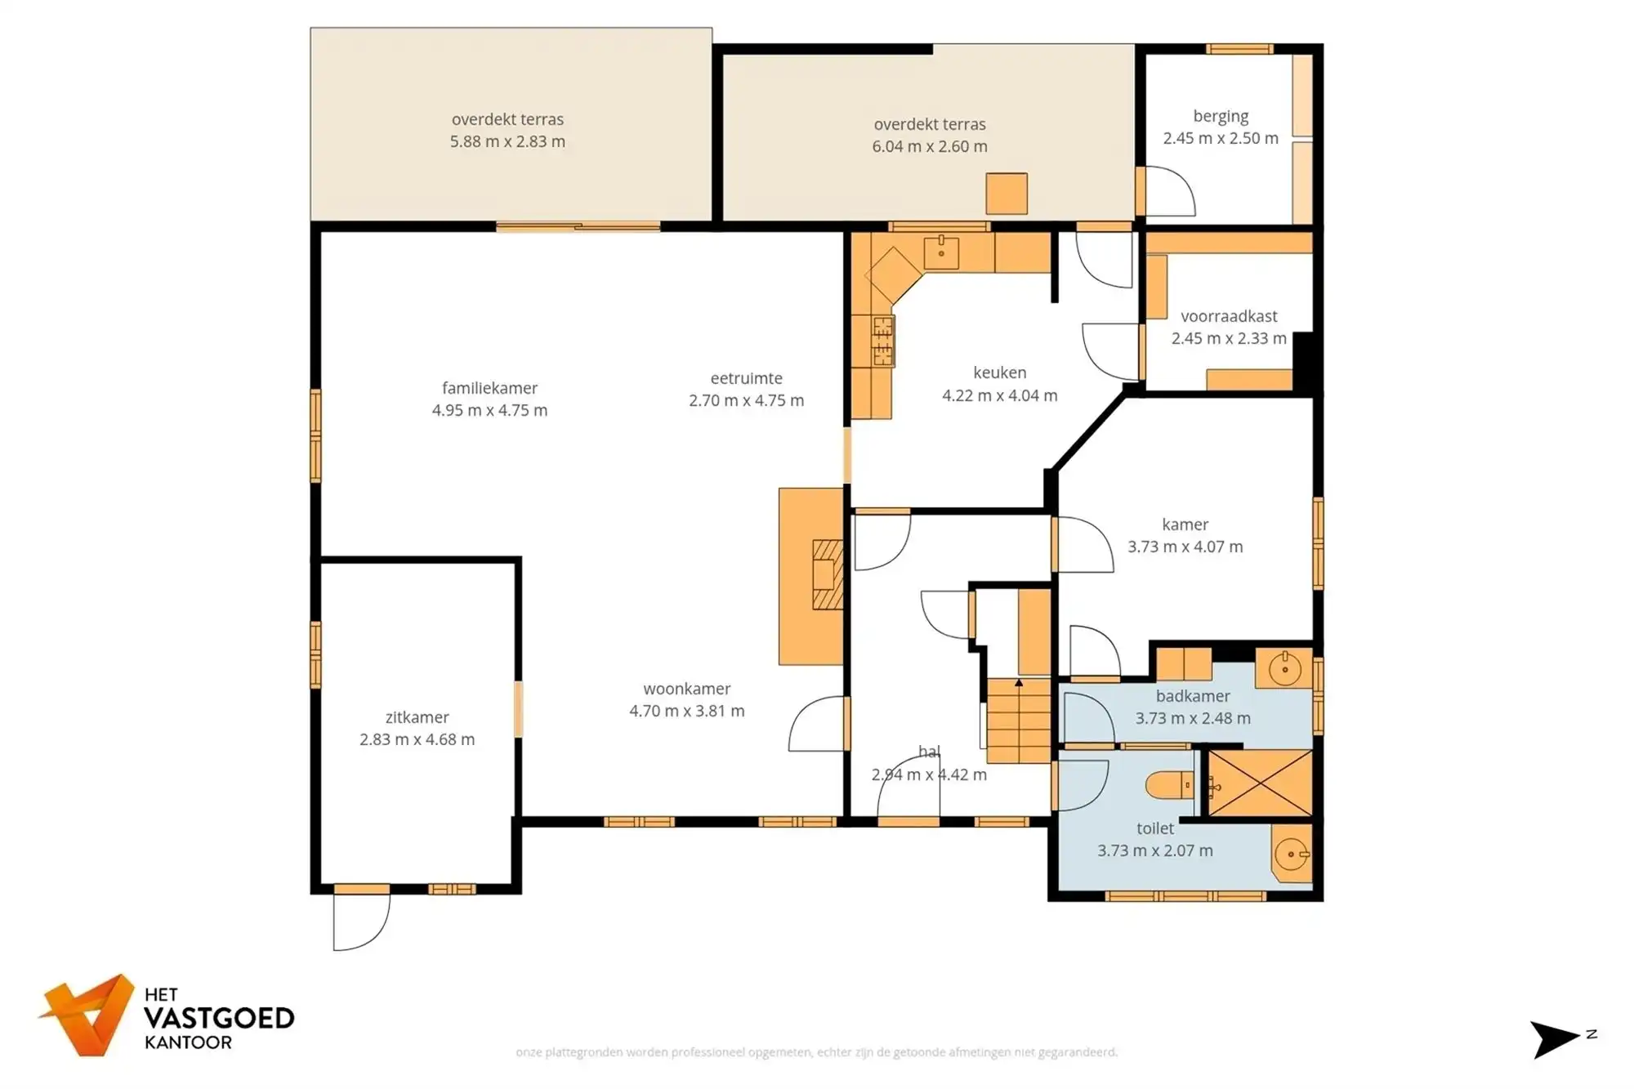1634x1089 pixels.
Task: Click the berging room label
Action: (1221, 116)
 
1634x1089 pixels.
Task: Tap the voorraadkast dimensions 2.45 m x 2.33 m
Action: (1229, 338)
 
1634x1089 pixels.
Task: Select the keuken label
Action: (999, 373)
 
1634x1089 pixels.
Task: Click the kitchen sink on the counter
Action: (941, 252)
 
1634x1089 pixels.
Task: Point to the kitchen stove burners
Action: (883, 341)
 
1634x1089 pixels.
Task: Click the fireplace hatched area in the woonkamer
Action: (827, 574)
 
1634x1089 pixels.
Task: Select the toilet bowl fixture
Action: (1170, 786)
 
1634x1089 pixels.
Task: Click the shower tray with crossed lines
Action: (1260, 783)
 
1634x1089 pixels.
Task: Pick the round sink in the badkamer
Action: (1285, 669)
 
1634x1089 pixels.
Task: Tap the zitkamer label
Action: (417, 717)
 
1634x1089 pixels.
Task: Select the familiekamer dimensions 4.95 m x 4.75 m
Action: (489, 410)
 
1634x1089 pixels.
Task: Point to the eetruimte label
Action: (746, 378)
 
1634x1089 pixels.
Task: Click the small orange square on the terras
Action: (1006, 194)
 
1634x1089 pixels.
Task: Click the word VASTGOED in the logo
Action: (219, 1018)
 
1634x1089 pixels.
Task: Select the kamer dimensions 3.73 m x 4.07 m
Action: (1185, 547)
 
